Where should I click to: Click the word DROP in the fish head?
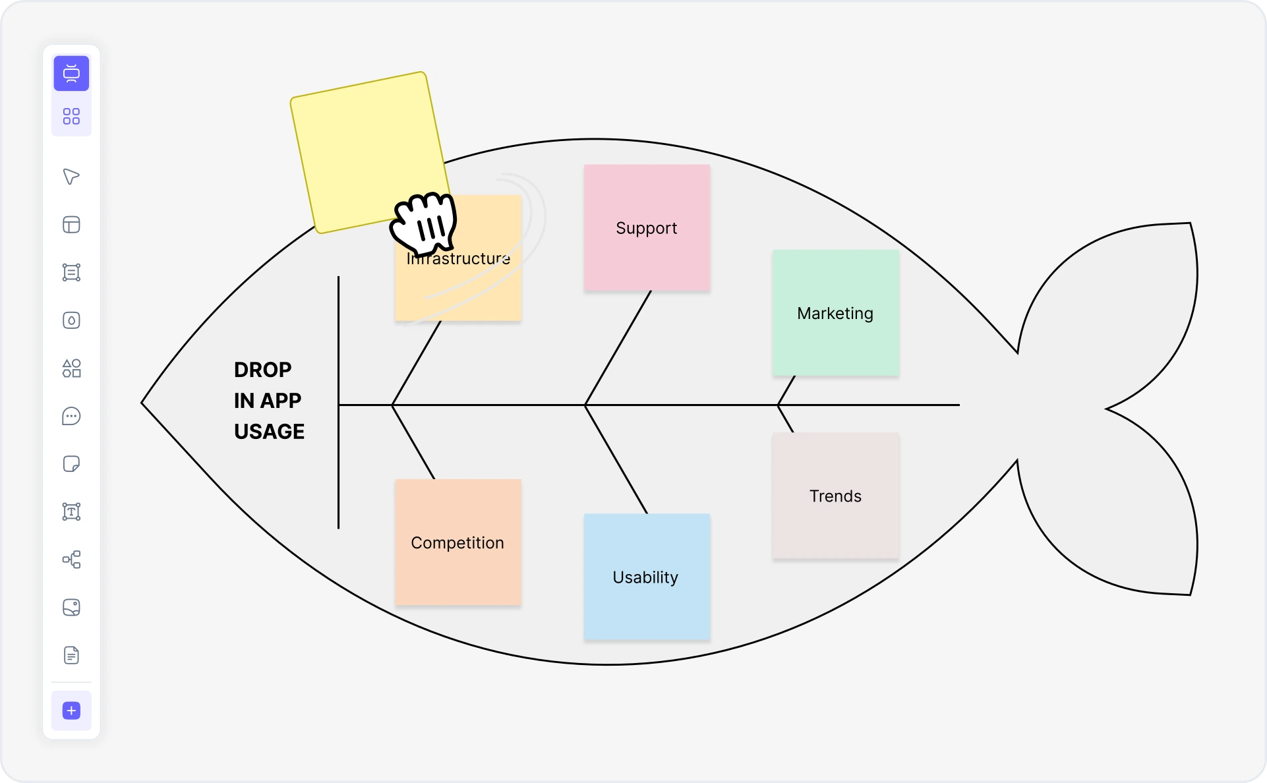pos(262,370)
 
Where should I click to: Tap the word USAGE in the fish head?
pos(269,432)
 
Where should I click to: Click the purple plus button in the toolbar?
pos(71,710)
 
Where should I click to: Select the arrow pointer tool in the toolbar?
pos(71,177)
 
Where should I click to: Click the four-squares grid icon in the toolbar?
pos(71,117)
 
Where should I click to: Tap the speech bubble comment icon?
pos(71,416)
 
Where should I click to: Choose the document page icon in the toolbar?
pos(71,655)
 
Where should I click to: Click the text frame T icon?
pos(71,511)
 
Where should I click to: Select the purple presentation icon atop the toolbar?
pos(71,73)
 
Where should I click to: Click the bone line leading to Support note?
pos(618,348)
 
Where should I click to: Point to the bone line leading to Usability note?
pos(616,459)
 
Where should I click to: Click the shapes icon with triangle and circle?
pos(71,368)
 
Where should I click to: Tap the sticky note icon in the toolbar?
pos(71,464)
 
